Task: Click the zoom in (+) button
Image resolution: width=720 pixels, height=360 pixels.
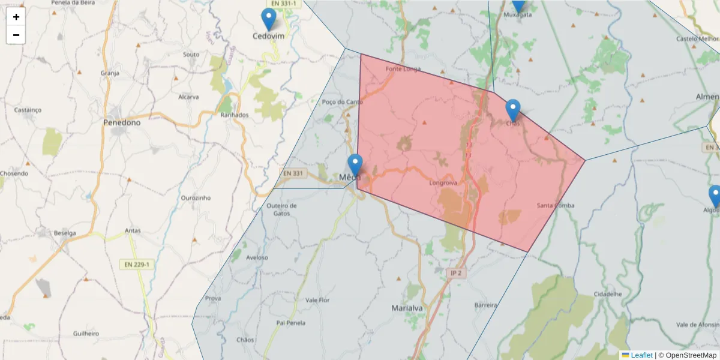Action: click(16, 17)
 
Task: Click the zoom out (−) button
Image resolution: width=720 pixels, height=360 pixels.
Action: click(16, 35)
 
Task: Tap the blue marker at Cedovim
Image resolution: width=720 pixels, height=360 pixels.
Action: click(269, 20)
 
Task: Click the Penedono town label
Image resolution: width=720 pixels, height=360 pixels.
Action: click(122, 122)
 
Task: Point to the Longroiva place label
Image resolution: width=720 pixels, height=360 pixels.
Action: click(444, 182)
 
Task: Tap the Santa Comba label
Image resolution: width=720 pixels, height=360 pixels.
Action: click(556, 206)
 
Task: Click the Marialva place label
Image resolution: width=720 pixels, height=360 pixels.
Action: click(407, 308)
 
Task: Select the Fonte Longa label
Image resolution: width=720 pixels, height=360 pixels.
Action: click(403, 68)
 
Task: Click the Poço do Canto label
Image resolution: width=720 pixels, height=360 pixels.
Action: click(343, 102)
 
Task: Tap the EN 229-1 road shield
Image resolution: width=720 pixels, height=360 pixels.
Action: click(137, 264)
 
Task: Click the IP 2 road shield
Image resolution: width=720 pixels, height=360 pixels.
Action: click(456, 273)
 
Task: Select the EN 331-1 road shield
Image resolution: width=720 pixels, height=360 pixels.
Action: click(283, 4)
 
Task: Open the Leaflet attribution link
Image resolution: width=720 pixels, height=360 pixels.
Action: click(641, 355)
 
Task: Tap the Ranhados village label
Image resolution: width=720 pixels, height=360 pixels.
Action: click(234, 115)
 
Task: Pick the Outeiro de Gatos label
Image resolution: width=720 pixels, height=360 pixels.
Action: click(282, 209)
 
